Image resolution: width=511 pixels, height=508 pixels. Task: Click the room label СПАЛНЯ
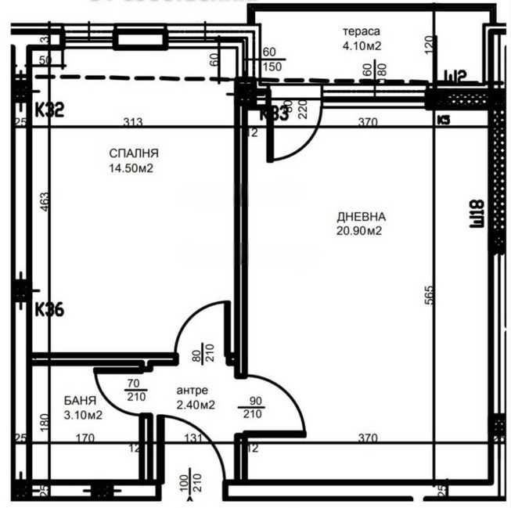135,154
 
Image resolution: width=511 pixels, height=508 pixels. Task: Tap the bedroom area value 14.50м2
135,168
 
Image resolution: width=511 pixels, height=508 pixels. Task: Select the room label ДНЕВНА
362,217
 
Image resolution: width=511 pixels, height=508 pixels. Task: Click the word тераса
360,32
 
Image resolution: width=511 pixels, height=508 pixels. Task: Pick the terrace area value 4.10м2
360,45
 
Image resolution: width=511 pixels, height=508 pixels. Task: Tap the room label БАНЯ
81,401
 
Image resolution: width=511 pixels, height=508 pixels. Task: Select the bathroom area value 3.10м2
83,414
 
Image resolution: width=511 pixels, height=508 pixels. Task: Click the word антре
193,392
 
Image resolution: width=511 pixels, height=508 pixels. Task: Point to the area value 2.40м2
195,405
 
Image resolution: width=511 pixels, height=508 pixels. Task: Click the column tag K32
27,110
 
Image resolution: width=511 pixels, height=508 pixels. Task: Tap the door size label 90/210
255,407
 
